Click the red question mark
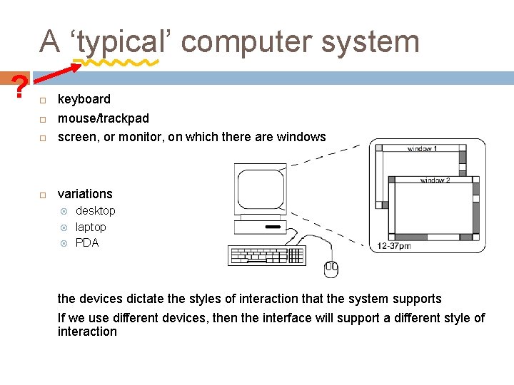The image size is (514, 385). tap(21, 87)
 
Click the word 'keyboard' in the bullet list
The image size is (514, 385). tap(84, 99)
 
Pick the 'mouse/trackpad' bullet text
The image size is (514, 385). tap(104, 118)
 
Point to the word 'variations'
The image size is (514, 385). tap(85, 194)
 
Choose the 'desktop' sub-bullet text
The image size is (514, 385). tap(95, 211)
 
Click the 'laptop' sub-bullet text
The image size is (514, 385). tap(91, 227)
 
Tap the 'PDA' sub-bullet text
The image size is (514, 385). tap(87, 243)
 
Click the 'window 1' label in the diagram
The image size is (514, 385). tap(422, 149)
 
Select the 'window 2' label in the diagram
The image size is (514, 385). tap(435, 180)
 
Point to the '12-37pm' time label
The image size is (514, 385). tap(394, 246)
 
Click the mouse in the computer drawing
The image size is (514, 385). tap(331, 268)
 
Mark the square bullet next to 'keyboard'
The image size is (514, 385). tap(43, 100)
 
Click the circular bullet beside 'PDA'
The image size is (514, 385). tap(64, 243)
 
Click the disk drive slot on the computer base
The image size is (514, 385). tap(272, 227)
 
